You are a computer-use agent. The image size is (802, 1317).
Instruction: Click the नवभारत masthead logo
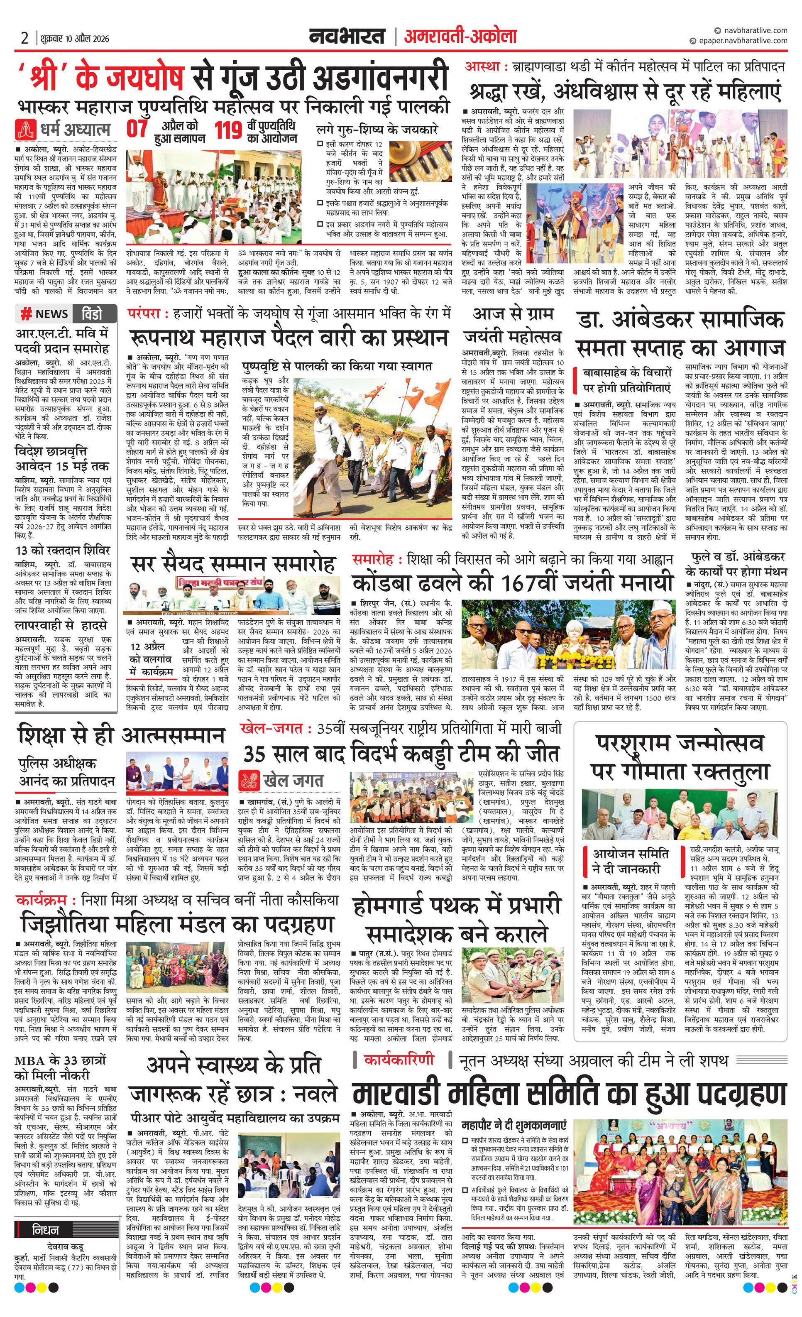click(x=347, y=37)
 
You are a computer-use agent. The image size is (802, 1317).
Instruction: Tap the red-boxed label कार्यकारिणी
click(x=398, y=1060)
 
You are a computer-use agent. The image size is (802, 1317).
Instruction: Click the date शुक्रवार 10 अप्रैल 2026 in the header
click(x=74, y=39)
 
